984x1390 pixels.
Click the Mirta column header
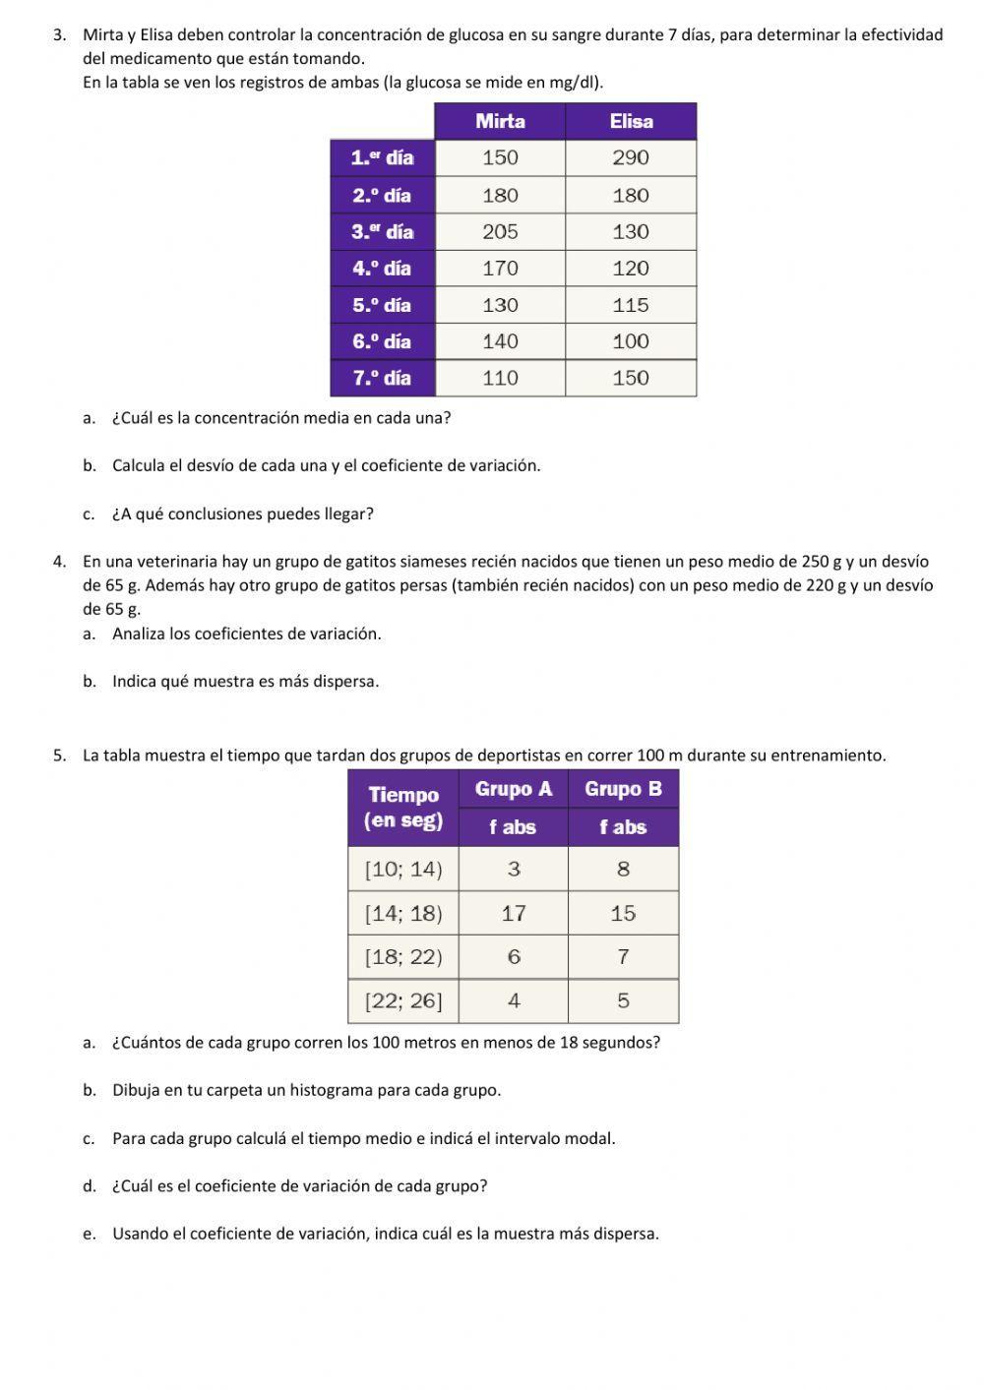[x=500, y=121]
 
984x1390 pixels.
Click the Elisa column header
[x=631, y=121]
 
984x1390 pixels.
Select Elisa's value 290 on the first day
[x=631, y=157]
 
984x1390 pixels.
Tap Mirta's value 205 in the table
[x=500, y=231]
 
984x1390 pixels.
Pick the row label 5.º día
[x=382, y=305]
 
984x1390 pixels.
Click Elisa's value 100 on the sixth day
[x=631, y=341]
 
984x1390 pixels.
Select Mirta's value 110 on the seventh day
[x=500, y=378]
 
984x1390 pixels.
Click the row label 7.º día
[x=382, y=378]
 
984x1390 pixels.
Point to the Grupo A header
[x=514, y=789]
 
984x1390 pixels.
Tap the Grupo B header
[x=623, y=789]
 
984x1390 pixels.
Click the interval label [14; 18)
[x=403, y=913]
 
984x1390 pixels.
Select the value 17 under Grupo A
[x=514, y=913]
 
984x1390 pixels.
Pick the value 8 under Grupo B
[x=623, y=869]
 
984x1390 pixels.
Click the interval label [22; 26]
[x=403, y=1000]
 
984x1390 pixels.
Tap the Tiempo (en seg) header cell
[x=403, y=808]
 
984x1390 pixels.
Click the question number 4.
[x=59, y=562]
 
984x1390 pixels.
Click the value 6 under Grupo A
[x=514, y=956]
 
